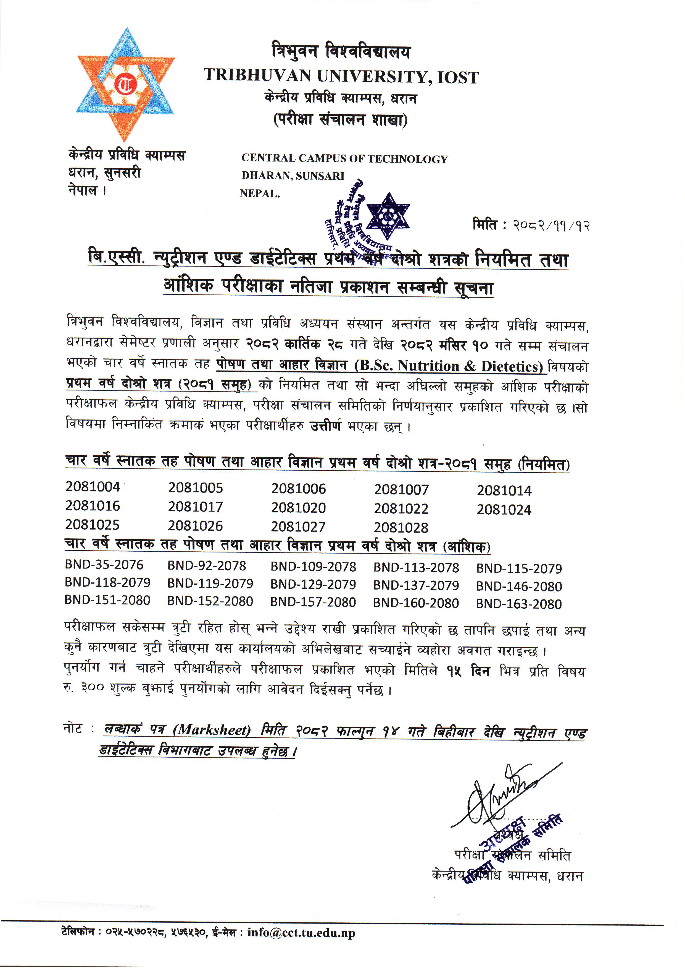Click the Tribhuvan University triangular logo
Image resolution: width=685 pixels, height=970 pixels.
click(x=125, y=85)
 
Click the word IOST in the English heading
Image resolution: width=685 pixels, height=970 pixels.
click(x=458, y=77)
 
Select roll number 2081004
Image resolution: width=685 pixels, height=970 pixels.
click(x=93, y=487)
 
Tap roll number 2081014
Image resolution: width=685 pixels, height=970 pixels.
click(x=504, y=491)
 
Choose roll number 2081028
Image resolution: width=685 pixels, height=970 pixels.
click(x=401, y=527)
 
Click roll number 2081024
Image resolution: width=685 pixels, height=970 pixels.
click(x=504, y=510)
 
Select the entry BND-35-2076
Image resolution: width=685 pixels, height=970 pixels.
click(x=104, y=565)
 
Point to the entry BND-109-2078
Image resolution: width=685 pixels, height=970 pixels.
click(x=313, y=567)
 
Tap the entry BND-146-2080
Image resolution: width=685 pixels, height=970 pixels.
click(x=519, y=586)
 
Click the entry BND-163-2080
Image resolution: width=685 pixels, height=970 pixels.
click(x=519, y=604)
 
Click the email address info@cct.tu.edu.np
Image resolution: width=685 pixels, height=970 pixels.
click(x=301, y=933)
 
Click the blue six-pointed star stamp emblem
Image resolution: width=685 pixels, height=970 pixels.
click(x=388, y=215)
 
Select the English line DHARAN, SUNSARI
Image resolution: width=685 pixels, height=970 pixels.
click(x=293, y=176)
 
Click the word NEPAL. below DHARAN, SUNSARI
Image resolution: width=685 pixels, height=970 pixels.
click(x=260, y=194)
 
